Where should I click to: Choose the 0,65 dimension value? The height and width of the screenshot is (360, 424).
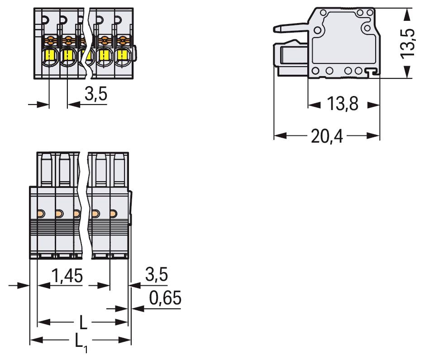coord(165,298)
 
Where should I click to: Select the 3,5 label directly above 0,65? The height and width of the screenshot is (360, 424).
coord(157,274)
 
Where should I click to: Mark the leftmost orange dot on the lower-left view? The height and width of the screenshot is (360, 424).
coord(40,213)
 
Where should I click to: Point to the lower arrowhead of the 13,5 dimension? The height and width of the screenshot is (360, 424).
coord(408,72)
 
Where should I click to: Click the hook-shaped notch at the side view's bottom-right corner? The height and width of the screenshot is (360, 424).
coord(372,71)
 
